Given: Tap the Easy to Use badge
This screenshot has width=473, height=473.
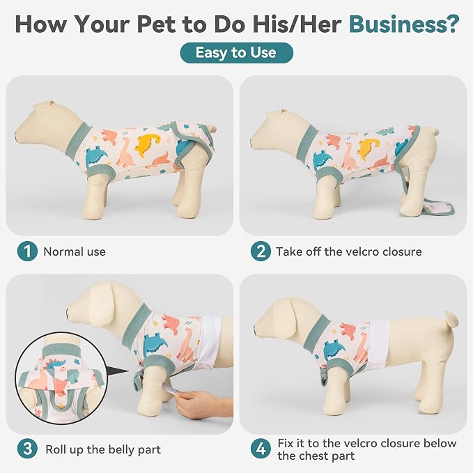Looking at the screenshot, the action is coord(237,53).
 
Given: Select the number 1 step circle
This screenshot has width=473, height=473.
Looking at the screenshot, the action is coord(27,251).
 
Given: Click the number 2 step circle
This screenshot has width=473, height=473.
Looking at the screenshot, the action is coord(261,251).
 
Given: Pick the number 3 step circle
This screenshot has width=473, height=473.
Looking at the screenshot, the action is coord(27,449).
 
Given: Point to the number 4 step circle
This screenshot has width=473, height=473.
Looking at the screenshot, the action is coord(261,449).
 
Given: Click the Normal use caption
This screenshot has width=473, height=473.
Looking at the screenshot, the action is coord(75,251).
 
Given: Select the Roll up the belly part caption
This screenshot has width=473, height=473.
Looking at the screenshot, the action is coord(103,449).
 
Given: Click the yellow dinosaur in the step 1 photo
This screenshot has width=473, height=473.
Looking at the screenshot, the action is coord(148,145).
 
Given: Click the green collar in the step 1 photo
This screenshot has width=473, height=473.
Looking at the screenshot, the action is coord(78,139).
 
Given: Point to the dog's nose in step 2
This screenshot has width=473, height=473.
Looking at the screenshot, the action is coord(252,139).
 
